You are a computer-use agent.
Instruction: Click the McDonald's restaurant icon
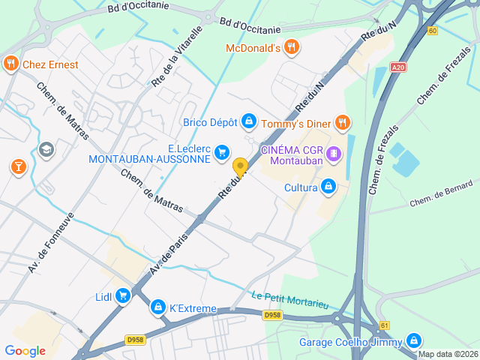[292, 48]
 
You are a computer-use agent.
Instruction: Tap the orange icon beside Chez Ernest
[10, 64]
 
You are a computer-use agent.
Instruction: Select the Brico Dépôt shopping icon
[249, 121]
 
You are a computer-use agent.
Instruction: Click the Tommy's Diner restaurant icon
[342, 121]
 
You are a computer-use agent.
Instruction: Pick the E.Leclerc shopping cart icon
[221, 152]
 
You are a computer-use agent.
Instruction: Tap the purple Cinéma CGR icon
[334, 154]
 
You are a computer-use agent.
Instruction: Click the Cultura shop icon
[328, 187]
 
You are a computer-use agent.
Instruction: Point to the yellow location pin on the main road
[240, 167]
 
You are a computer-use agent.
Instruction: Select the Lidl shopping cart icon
[122, 297]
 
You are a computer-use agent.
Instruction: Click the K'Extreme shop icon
[157, 307]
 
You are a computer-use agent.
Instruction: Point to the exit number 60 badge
[433, 31]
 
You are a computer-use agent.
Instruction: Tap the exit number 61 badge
[385, 325]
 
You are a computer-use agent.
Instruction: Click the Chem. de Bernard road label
[441, 193]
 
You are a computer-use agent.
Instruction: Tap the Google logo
[25, 350]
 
